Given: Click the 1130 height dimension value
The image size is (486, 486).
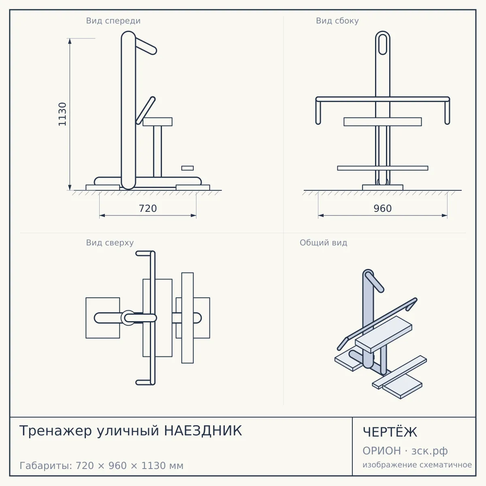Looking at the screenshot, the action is tap(62, 114).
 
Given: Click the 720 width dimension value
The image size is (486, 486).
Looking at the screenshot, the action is tap(148, 209).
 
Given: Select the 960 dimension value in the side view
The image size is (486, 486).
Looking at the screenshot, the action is tap(383, 209).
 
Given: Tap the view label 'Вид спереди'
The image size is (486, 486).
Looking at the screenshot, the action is tap(113, 21).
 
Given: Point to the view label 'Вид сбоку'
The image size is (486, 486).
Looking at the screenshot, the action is tap(337, 21).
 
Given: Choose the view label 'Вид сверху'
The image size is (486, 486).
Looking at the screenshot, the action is tap(110, 243).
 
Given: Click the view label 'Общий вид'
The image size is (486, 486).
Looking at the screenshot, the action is tap(323, 243).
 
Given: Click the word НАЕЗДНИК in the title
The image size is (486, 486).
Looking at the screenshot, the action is tap(203, 431).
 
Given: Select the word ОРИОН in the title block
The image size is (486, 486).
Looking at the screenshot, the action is tap(382, 451).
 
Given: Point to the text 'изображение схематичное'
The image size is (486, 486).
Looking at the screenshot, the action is tap(417, 465).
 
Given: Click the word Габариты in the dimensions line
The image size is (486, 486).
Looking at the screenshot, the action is tap(46, 466).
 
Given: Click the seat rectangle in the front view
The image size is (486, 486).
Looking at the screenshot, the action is tap(158, 122).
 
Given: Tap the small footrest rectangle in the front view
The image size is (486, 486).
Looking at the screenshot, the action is tap(188, 168).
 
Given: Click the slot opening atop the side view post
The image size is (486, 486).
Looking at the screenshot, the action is tap(383, 45).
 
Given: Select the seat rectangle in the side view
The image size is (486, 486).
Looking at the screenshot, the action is tap(383, 122).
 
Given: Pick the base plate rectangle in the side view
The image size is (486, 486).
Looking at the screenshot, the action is tap(383, 188).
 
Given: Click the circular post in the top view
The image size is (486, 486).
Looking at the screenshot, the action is tap(128, 318).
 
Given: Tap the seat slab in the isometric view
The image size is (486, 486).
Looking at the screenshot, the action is tap(384, 335).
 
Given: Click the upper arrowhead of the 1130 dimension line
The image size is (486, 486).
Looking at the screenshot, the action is tap(70, 41).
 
